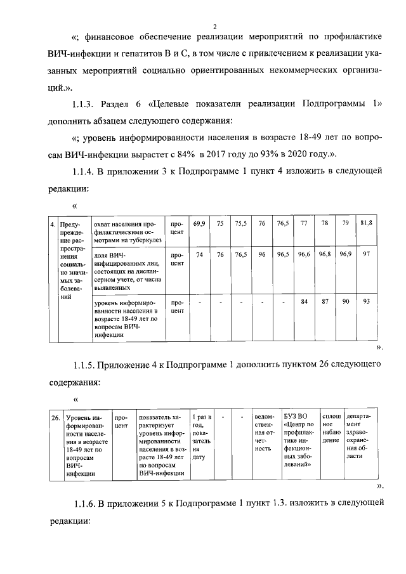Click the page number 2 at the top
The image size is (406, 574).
(215, 27)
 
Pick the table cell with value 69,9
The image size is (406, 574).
(200, 223)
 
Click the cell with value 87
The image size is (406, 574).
(325, 301)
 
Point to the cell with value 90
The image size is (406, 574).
(346, 301)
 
